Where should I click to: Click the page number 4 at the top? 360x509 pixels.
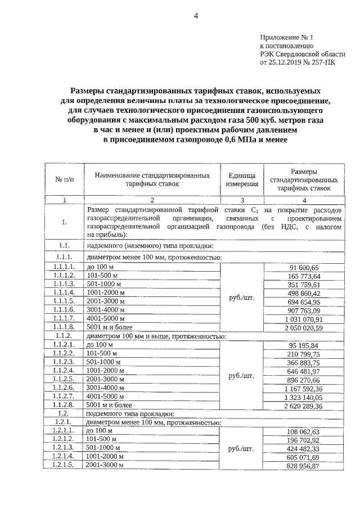click(196, 16)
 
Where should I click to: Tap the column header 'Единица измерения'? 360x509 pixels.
click(242, 179)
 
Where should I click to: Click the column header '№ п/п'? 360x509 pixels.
click(64, 179)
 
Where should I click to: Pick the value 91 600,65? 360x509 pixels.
click(304, 267)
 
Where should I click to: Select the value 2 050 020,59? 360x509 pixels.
click(304, 327)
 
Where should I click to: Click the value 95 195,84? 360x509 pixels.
click(304, 345)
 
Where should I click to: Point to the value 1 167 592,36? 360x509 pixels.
click(304, 388)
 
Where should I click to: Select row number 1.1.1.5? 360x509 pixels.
click(64, 301)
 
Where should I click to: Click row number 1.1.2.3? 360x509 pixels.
click(64, 362)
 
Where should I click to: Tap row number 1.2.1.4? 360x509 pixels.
click(64, 456)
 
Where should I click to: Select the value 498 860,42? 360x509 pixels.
click(304, 293)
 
